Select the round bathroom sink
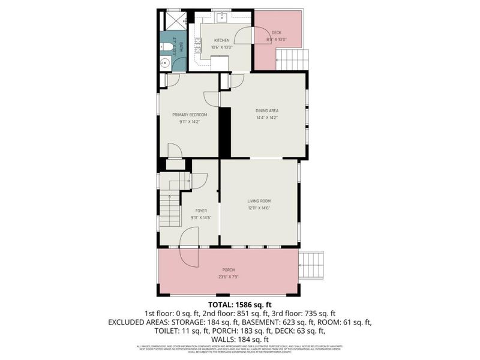click(x=165, y=62)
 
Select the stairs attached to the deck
click(x=292, y=59)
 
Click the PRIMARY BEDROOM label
click(x=189, y=115)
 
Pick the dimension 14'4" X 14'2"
click(x=267, y=118)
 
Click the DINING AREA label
click(x=267, y=111)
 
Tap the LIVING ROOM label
click(x=259, y=201)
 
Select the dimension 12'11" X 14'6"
click(x=259, y=208)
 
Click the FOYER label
click(x=202, y=211)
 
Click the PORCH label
click(x=227, y=270)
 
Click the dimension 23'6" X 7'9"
click(x=227, y=277)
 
